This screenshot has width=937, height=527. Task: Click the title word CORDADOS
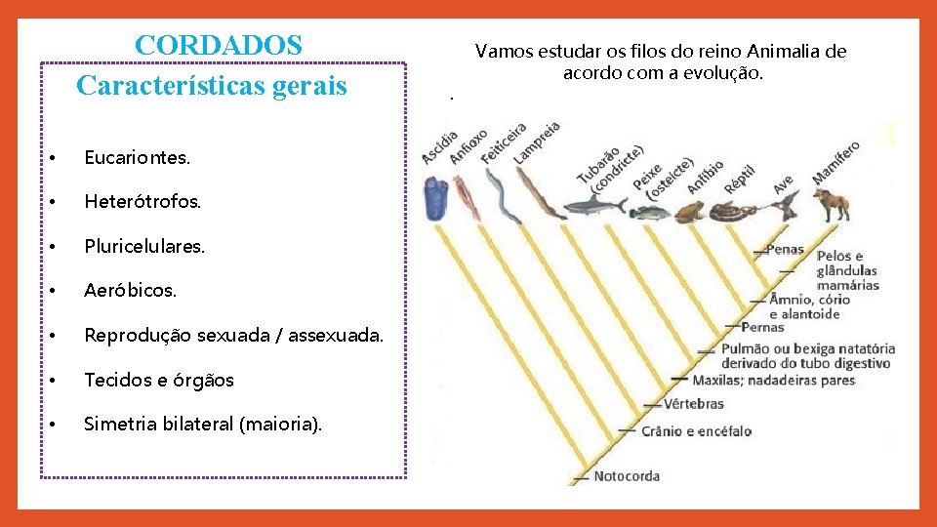[x=220, y=45]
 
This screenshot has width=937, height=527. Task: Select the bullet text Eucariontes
[x=138, y=157]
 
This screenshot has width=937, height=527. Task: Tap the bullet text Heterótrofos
[x=143, y=202]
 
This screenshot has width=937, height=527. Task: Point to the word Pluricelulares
[x=144, y=247]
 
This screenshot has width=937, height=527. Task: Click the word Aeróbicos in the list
[x=131, y=291]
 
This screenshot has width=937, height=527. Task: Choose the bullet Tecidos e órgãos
[x=159, y=381]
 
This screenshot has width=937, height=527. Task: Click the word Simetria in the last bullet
[x=117, y=424]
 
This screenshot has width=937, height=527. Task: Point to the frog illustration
[x=687, y=212]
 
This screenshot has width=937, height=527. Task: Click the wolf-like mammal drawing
[x=832, y=204]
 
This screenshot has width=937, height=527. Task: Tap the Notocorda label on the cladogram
[x=627, y=476]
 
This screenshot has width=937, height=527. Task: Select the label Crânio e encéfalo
[x=697, y=431]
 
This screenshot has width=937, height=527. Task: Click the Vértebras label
[x=694, y=403]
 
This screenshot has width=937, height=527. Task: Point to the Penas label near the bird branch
[x=785, y=249]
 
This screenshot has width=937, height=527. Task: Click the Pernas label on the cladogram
[x=762, y=327]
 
